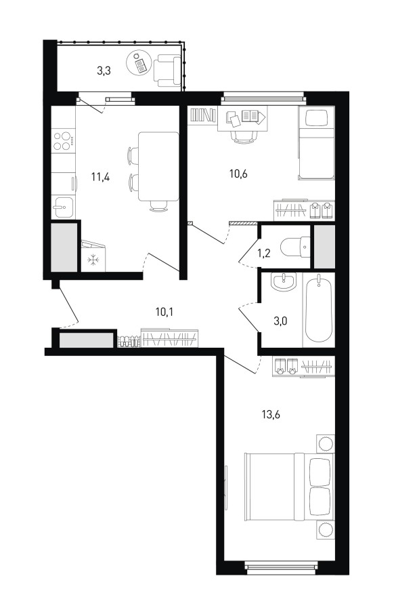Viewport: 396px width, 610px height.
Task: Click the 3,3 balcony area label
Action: tap(104, 70)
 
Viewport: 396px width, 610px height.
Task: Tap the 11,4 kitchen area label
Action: tap(100, 178)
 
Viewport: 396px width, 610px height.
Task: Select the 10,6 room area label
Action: tap(238, 174)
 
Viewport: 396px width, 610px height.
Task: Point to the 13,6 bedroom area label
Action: tap(271, 414)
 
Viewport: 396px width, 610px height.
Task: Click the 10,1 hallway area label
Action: tap(164, 312)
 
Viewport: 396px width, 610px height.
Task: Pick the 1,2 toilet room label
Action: tap(264, 253)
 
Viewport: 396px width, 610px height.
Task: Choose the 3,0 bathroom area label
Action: tap(280, 321)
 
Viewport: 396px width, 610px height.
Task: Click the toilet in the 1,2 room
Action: tap(295, 247)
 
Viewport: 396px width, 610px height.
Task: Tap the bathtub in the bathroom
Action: tap(319, 310)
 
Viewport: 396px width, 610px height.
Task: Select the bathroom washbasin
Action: tap(284, 282)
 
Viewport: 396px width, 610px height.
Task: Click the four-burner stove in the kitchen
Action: tap(64, 141)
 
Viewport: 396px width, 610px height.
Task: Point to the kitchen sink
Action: tap(63, 207)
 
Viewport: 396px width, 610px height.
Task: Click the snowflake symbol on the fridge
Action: tap(93, 260)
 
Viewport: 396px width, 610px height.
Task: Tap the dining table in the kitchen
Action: tap(159, 167)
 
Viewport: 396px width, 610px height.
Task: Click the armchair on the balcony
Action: tap(167, 70)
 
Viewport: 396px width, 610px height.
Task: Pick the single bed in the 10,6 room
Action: tap(316, 143)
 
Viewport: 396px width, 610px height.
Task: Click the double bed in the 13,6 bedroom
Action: tap(289, 486)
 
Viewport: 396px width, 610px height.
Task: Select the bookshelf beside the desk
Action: tap(203, 115)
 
